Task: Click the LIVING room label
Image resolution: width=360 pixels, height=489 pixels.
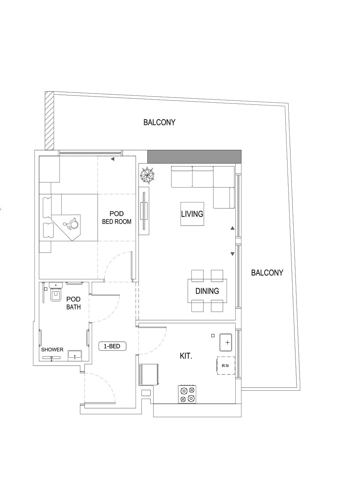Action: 192,214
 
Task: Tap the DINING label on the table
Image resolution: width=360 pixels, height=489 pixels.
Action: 207,291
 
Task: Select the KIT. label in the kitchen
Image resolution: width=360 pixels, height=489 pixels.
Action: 186,356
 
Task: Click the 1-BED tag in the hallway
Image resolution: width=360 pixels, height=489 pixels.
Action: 112,346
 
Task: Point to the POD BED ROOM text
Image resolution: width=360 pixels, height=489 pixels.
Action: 117,218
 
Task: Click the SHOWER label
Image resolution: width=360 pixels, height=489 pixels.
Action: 52,350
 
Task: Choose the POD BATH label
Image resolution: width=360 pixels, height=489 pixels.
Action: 73,303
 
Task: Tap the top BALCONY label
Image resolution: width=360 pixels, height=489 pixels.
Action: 159,122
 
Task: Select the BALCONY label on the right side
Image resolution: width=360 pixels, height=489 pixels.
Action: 267,273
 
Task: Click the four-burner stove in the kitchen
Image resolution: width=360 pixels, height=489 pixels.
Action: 187,394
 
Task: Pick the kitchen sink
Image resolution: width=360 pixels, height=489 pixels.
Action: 225,342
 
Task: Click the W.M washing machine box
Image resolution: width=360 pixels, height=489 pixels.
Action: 225,366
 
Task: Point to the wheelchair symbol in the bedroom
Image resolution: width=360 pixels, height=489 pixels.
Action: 71,223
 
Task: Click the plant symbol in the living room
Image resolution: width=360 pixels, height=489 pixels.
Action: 147,176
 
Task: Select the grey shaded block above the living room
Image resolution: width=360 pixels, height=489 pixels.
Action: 194,156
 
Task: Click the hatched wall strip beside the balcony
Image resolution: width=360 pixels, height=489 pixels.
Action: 49,121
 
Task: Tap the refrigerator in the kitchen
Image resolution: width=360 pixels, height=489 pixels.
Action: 149,374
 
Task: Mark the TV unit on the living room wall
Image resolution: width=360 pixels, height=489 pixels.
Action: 144,211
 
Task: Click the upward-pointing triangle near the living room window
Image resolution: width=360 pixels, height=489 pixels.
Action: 232,228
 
